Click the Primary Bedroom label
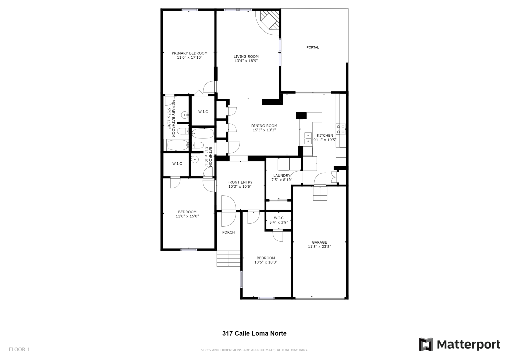tap(190, 53)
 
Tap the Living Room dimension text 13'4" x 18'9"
tap(246, 61)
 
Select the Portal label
tap(313, 47)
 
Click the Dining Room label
tap(264, 126)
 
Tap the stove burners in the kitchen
tap(341, 129)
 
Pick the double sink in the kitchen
tap(308, 138)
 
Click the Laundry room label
tap(282, 175)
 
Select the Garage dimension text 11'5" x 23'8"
tap(319, 247)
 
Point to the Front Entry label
tap(240, 182)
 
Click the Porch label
tap(228, 232)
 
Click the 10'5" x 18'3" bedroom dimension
tap(266, 262)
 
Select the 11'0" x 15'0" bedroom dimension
tap(187, 216)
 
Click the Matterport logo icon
tap(426, 344)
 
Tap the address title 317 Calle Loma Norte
tap(254, 333)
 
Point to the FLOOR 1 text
tap(19, 350)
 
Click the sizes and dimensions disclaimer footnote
tap(254, 350)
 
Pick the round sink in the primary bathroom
tap(185, 115)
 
